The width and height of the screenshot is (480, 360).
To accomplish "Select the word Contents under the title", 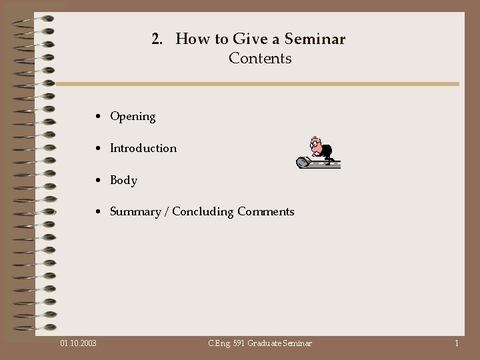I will pos(260,59).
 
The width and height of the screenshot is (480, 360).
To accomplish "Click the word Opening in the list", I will pos(133,117).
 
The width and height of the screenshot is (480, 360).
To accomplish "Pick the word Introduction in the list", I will pos(143,148).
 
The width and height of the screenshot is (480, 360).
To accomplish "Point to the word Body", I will pos(123,180).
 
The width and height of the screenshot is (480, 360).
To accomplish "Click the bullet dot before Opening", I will pos(98,117).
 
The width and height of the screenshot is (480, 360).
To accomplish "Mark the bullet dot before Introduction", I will pos(98,149).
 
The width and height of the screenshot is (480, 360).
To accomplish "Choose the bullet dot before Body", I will pos(98,181).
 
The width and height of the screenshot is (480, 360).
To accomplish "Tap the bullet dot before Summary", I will pos(98,213).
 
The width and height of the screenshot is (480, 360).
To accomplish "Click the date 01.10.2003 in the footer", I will pos(78,343).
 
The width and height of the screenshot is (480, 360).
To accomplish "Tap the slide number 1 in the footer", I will pos(456,343).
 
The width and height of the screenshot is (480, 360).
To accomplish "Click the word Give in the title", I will pos(231,39).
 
